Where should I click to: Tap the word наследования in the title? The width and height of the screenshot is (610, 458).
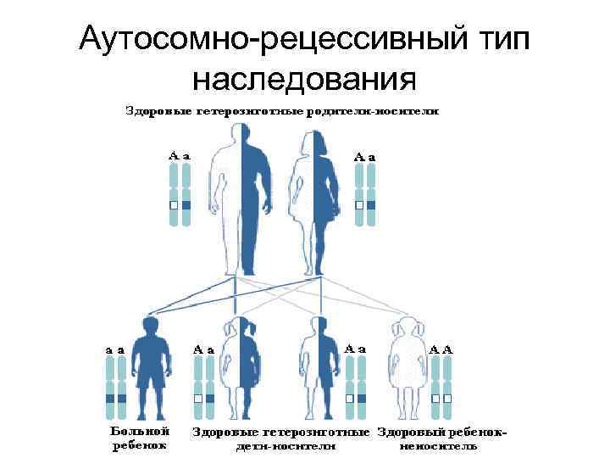(x=304, y=78)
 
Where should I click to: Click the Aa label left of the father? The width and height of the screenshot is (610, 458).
(x=179, y=156)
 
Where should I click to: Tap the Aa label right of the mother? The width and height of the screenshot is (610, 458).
(x=365, y=156)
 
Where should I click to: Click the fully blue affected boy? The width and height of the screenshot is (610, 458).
(x=153, y=365)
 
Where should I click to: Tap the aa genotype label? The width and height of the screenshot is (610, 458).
(x=115, y=348)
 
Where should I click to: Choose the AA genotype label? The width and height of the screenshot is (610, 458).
(x=441, y=348)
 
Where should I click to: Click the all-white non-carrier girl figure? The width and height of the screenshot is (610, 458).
(x=404, y=365)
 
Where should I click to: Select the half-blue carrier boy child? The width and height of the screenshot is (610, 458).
(x=319, y=365)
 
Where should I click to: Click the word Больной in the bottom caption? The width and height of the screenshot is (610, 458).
(x=136, y=432)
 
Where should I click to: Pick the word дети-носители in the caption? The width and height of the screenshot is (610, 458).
(x=282, y=444)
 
